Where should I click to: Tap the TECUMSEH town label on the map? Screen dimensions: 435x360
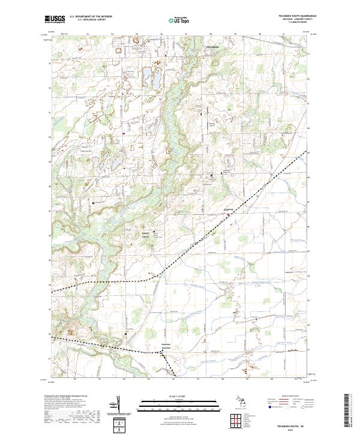pos(213,46)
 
